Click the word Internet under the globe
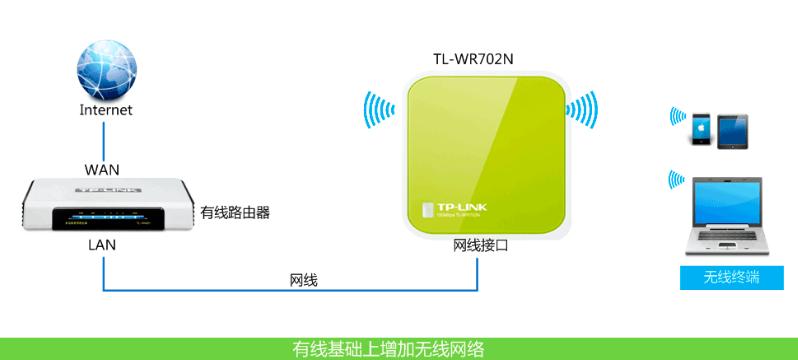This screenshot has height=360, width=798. click(106, 110)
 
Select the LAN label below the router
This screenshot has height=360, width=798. click(102, 244)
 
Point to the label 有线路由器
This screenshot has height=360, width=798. click(235, 212)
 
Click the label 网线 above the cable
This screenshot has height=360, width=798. click(303, 281)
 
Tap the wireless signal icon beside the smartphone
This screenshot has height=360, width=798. click(677, 117)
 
